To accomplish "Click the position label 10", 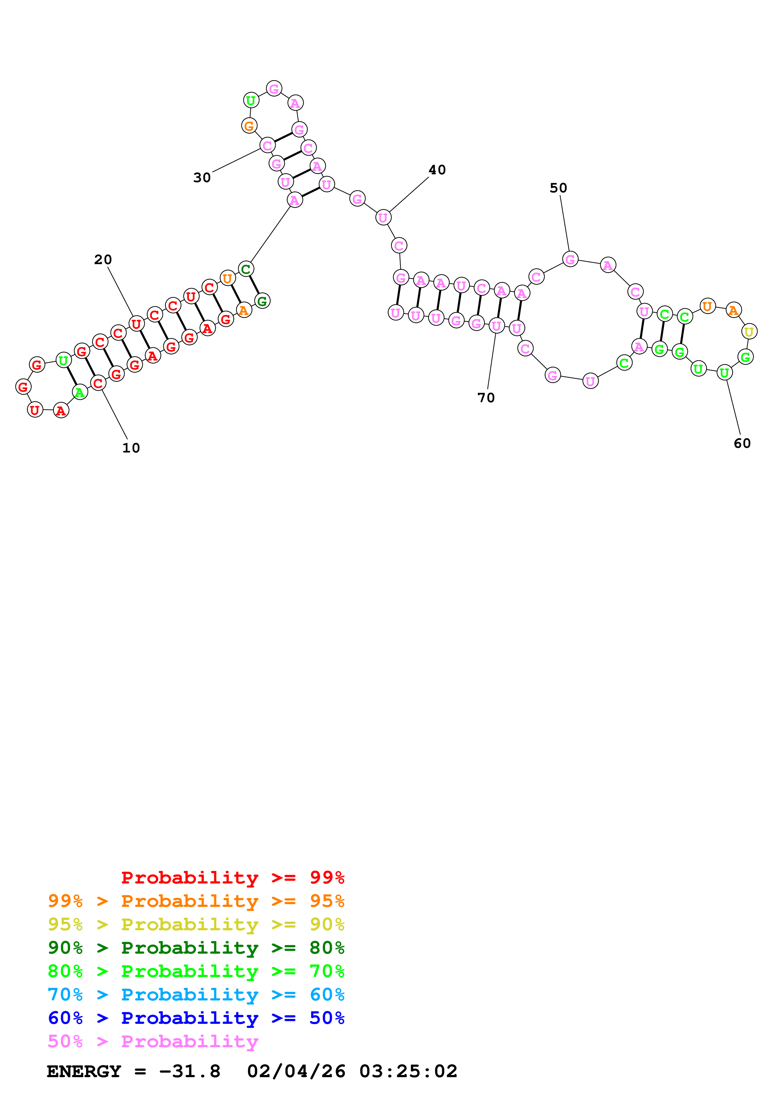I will click(x=131, y=448).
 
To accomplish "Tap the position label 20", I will click(x=103, y=260).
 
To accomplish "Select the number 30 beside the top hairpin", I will click(x=202, y=178).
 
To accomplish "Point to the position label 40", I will click(x=437, y=170).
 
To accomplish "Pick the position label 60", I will click(x=742, y=443).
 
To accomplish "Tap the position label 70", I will click(x=486, y=398).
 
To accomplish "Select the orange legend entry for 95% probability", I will click(x=196, y=901).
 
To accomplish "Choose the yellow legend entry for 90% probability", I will click(x=196, y=924).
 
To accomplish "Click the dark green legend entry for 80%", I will click(x=196, y=948).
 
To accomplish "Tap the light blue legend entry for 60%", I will click(x=196, y=995).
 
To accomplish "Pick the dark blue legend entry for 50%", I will click(x=196, y=1018).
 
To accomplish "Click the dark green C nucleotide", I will click(x=245, y=269).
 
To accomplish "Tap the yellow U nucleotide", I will click(x=749, y=332).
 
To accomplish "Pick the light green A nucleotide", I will click(x=80, y=393).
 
